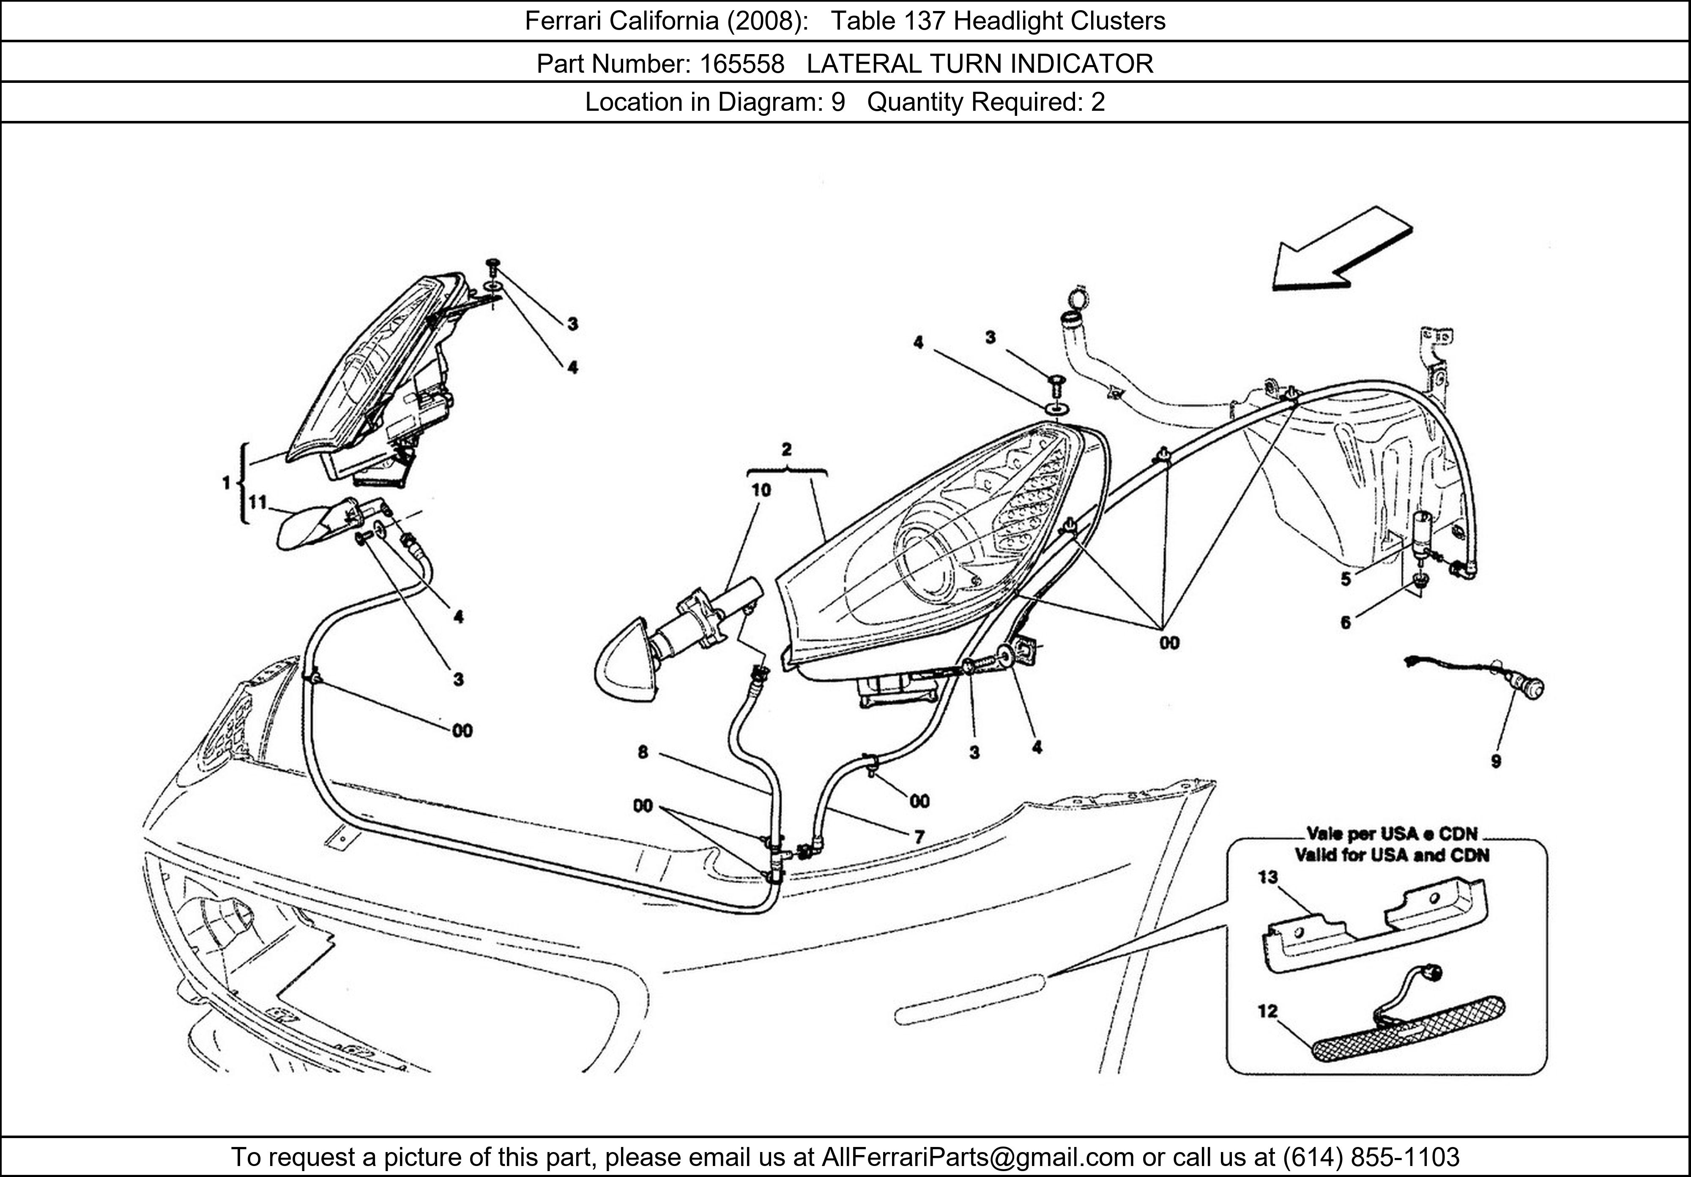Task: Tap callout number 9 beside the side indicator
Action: point(1496,761)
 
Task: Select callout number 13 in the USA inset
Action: point(1267,877)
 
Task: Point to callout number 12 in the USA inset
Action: point(1267,1011)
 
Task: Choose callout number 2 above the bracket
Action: point(787,449)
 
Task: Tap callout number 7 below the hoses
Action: point(919,837)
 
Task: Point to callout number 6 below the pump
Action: point(1346,622)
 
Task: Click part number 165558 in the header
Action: point(742,64)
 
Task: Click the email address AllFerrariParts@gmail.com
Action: point(977,1157)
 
